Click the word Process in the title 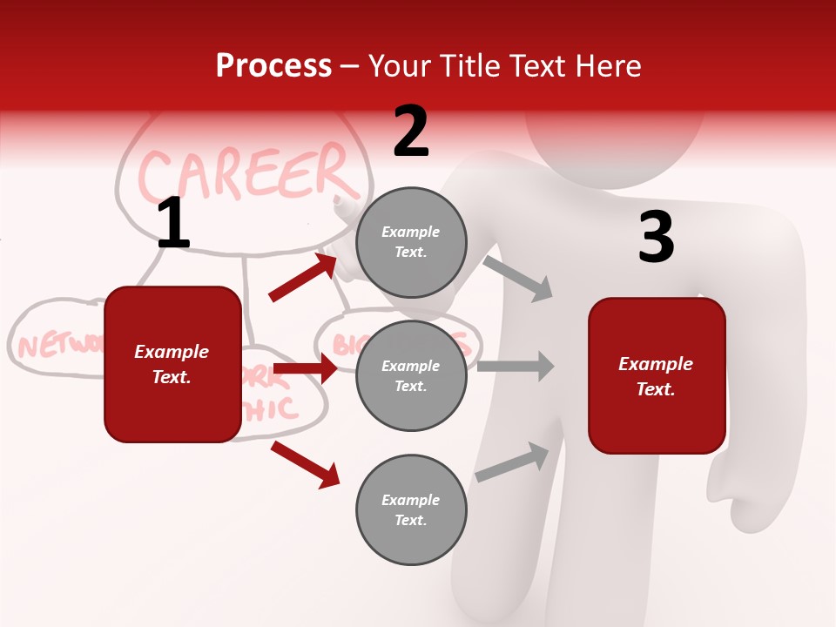coord(273,66)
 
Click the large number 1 coord(173,225)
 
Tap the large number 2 coord(411,131)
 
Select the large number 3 coord(656,238)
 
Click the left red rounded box coord(172,364)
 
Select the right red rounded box coord(657,375)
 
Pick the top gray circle coord(411,242)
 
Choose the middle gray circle coord(411,376)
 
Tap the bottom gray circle coord(411,510)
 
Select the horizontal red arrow coord(305,369)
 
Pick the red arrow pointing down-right coord(305,464)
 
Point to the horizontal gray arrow coord(516,367)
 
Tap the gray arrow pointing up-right coord(513,462)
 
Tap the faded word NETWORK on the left coord(57,346)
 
